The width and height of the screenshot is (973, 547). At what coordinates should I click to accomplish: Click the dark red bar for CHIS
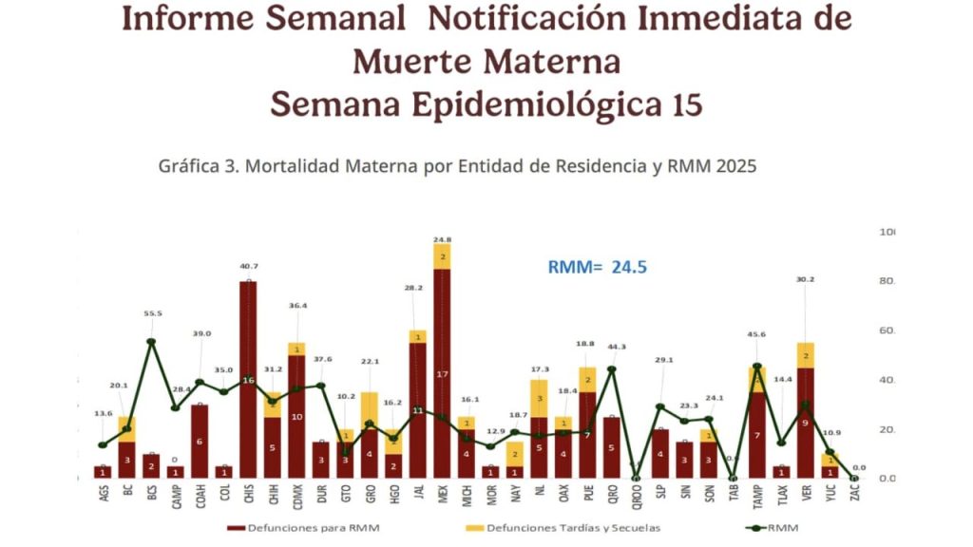coord(247,380)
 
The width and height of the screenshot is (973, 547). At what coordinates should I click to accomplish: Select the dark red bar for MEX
coord(442,370)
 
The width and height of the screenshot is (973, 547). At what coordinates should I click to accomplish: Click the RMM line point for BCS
coord(151,342)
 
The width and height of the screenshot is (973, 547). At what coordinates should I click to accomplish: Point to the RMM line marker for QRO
coord(612,368)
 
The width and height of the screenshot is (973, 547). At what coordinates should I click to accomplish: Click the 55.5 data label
coord(151,312)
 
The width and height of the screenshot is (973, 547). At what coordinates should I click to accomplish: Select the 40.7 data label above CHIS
coord(247,266)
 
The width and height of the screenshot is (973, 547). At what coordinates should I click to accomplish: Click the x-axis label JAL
coord(417,495)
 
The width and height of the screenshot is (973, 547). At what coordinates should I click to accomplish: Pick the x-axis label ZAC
coord(854,495)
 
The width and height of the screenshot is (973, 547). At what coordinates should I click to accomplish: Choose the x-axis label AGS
coord(103,495)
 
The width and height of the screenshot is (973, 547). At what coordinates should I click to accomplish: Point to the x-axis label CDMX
coord(296,497)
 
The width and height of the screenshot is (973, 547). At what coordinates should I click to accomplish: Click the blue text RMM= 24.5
coord(598,267)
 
